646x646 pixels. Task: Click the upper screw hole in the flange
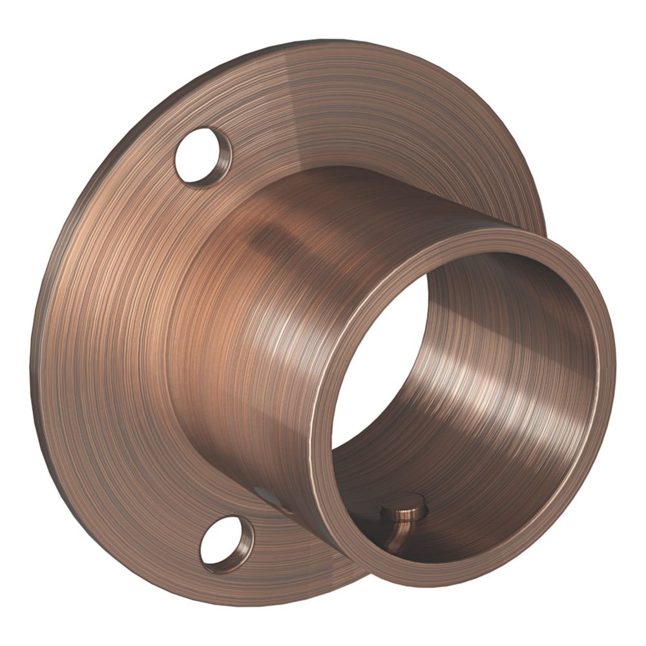click(x=201, y=156)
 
